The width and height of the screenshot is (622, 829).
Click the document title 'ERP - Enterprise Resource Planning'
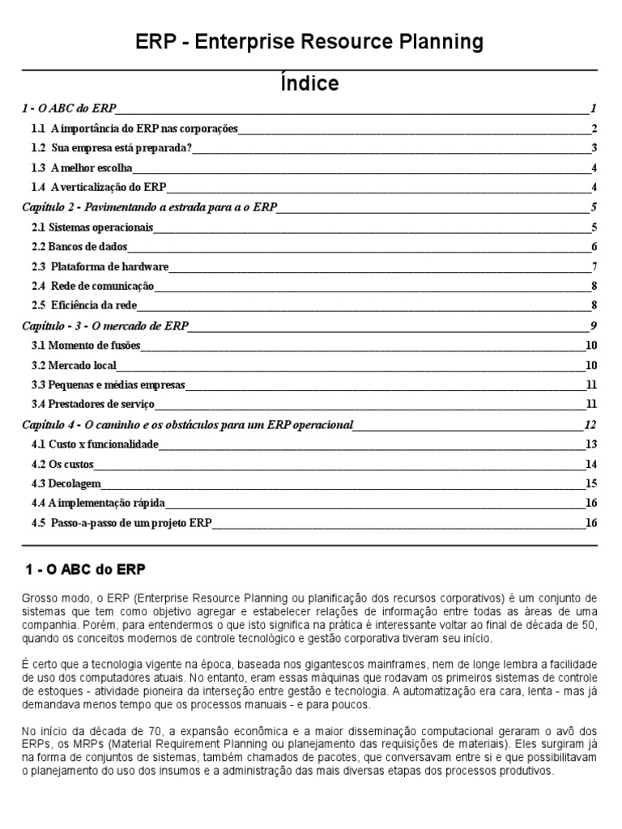point(310,41)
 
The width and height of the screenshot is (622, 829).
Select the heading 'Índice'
point(310,83)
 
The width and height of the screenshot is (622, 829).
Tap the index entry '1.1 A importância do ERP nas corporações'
point(134,129)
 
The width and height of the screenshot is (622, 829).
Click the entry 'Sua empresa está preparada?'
point(121,148)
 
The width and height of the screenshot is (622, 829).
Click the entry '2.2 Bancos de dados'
point(79,247)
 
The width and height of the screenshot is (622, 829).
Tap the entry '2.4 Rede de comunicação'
point(92,286)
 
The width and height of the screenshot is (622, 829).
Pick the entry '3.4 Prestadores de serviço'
point(93,404)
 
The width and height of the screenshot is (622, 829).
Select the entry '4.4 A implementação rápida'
point(92,504)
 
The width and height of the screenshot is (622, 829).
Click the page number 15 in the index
point(590,483)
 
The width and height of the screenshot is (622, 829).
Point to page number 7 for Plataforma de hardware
point(594,266)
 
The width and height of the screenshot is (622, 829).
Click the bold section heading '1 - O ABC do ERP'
point(85,569)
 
